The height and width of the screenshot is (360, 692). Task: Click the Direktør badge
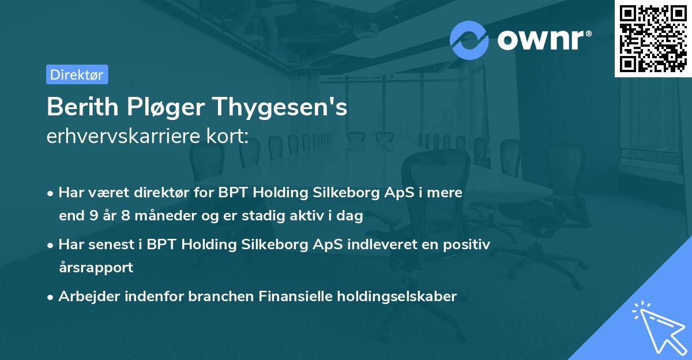77,74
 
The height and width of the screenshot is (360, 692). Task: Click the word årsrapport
96,268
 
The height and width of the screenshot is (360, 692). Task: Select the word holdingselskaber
398,297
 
